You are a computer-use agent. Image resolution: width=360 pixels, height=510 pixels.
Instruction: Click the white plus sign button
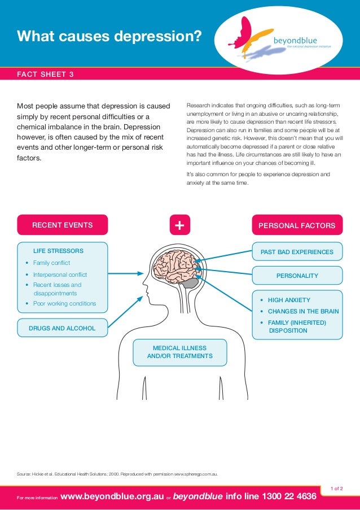[179, 225]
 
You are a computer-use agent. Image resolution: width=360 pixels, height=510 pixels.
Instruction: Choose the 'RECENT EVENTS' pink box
[62, 225]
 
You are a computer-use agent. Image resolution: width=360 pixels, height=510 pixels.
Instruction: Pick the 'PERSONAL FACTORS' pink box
[297, 225]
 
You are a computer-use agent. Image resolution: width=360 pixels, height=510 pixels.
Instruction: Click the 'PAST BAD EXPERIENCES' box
[297, 251]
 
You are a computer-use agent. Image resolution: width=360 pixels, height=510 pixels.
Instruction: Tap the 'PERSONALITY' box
[297, 276]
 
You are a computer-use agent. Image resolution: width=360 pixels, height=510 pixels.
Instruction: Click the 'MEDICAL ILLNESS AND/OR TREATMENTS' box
[179, 352]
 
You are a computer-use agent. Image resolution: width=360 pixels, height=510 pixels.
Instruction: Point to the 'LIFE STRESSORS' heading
[58, 251]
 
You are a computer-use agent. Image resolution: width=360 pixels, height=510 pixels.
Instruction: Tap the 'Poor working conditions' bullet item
[64, 303]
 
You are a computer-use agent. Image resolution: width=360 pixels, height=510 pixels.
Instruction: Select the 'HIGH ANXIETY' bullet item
[289, 300]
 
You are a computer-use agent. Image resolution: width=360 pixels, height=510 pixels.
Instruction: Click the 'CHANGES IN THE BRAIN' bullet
[303, 311]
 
